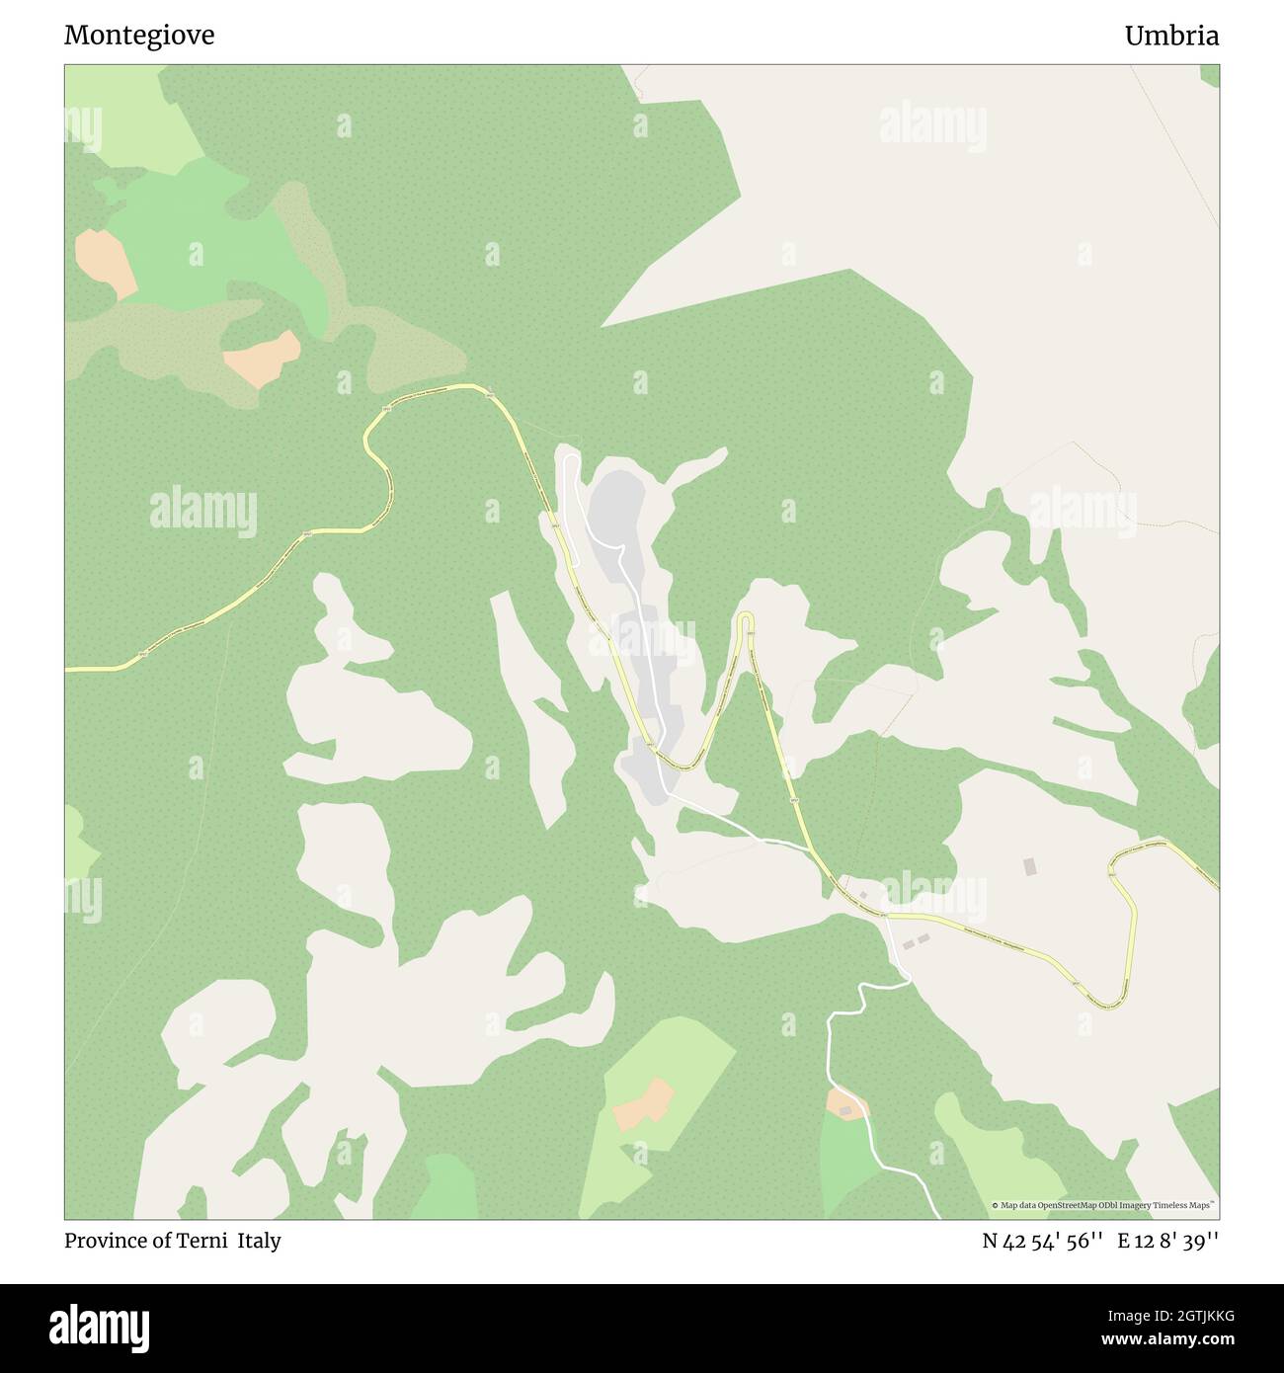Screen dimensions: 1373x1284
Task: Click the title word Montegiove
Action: coord(139,36)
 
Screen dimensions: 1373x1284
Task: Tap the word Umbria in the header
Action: coord(1171,36)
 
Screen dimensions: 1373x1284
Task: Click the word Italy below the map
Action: coord(260,1241)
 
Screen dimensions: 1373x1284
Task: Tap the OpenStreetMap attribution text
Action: coord(1104,1205)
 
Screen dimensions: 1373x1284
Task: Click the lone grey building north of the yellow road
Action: coord(1031,866)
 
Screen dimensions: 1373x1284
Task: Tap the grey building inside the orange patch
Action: coord(845,1111)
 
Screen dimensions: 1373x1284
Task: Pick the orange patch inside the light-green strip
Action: coord(644,1104)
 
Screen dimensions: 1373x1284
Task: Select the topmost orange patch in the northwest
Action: coord(105,262)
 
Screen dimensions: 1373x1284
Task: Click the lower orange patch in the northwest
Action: coord(262,359)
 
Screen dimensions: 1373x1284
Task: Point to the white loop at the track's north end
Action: coord(568,461)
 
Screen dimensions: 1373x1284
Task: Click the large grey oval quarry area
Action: coord(617,504)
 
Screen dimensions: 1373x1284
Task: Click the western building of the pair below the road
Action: coord(909,945)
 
